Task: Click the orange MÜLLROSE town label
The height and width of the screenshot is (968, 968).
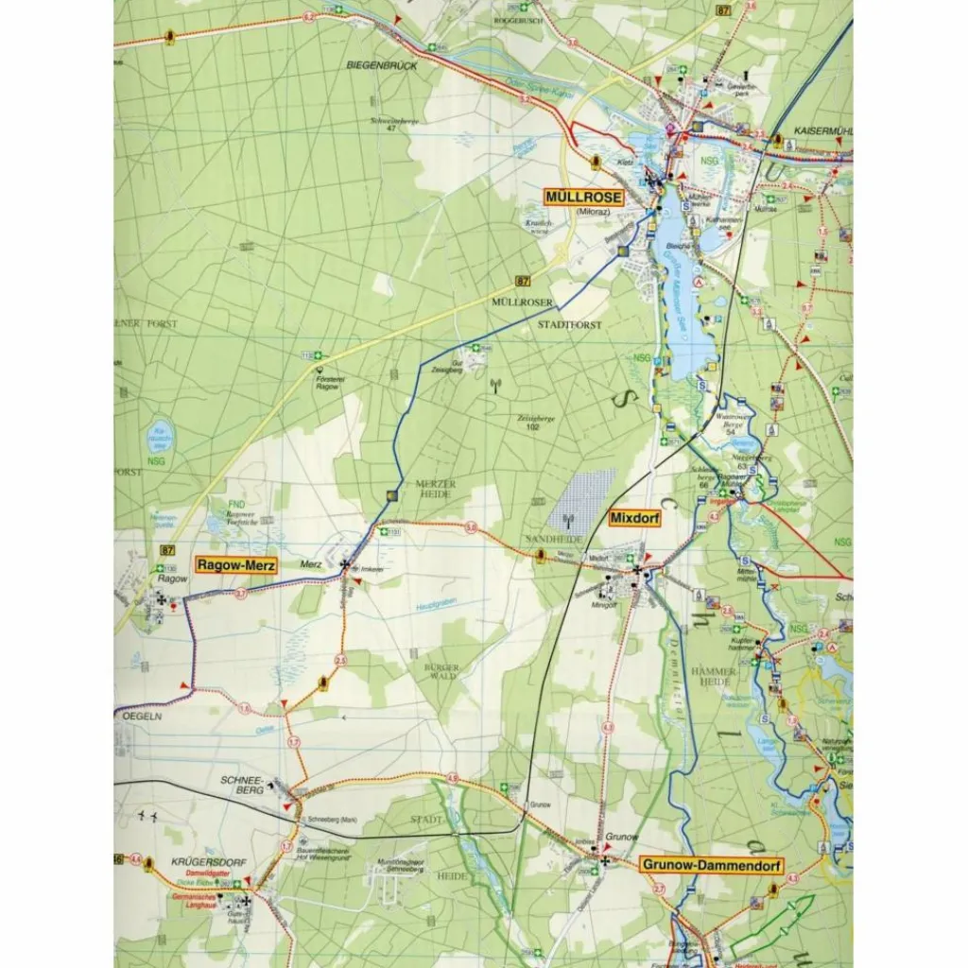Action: click(584, 198)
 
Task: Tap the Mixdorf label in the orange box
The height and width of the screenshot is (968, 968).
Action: click(633, 519)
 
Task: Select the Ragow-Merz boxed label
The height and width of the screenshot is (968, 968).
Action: click(236, 565)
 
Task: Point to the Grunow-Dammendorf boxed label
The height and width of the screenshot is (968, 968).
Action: click(700, 864)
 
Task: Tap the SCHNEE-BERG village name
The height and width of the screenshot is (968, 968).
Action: click(240, 785)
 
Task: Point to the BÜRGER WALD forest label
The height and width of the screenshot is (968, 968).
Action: click(441, 673)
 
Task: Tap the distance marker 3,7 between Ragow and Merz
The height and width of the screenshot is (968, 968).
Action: click(241, 594)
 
